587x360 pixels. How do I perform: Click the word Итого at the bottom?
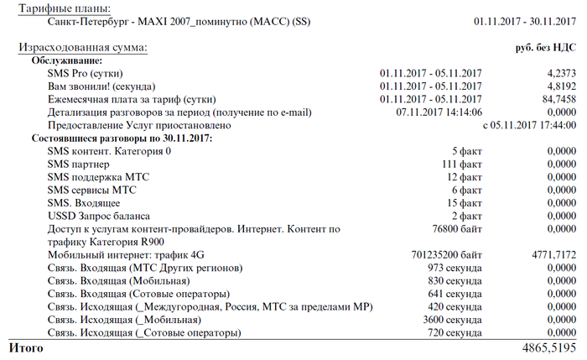pyautogui.click(x=24, y=346)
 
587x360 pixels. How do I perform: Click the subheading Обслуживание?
pyautogui.click(x=67, y=60)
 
